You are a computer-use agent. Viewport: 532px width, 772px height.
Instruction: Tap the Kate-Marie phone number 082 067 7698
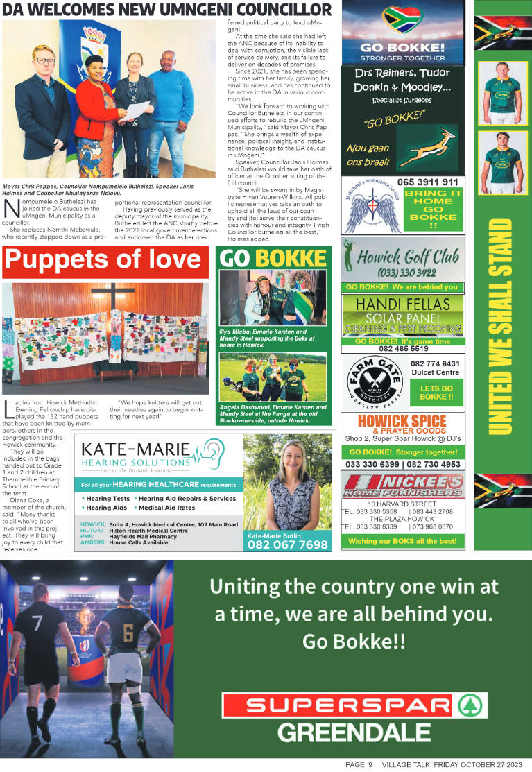click(287, 545)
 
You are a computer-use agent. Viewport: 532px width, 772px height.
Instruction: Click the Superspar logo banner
click(346, 705)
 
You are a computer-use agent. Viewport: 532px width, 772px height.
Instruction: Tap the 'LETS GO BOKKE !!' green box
click(436, 393)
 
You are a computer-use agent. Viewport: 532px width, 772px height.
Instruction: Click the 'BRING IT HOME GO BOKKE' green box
click(433, 209)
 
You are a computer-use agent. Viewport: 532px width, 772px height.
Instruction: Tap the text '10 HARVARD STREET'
click(402, 504)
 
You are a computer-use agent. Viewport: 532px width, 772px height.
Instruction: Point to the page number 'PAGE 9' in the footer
click(359, 764)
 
